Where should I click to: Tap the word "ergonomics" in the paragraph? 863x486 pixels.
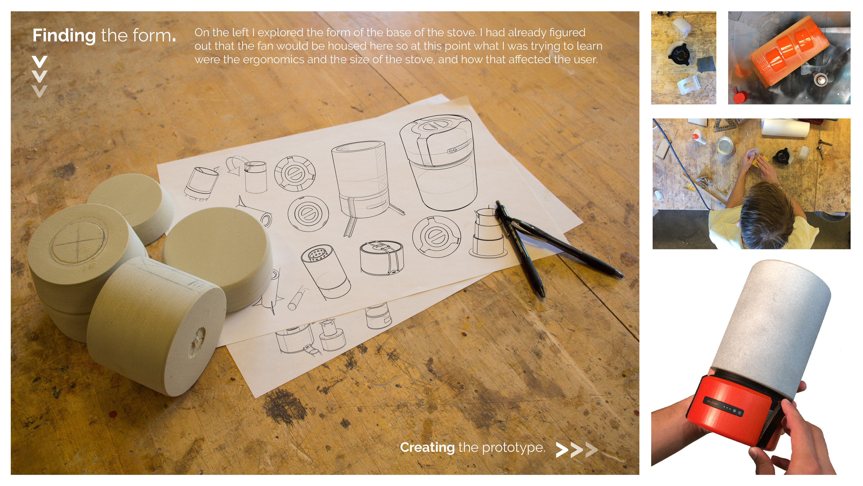[273, 60]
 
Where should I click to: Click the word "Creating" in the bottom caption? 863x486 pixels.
[427, 448]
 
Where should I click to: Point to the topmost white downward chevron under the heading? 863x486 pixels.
[40, 62]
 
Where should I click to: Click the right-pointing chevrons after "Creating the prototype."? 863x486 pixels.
[576, 450]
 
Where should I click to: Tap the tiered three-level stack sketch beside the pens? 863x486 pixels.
[488, 233]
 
